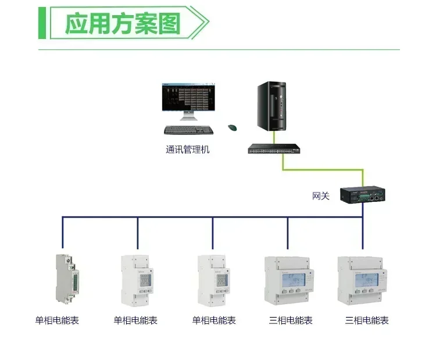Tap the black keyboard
coord(188,130)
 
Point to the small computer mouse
coord(232,128)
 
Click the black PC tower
coord(271,107)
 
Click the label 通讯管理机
coord(187,149)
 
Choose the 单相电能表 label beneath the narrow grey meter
coord(56,320)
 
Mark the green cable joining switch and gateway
coord(323,170)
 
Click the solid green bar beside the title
coord(42,24)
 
